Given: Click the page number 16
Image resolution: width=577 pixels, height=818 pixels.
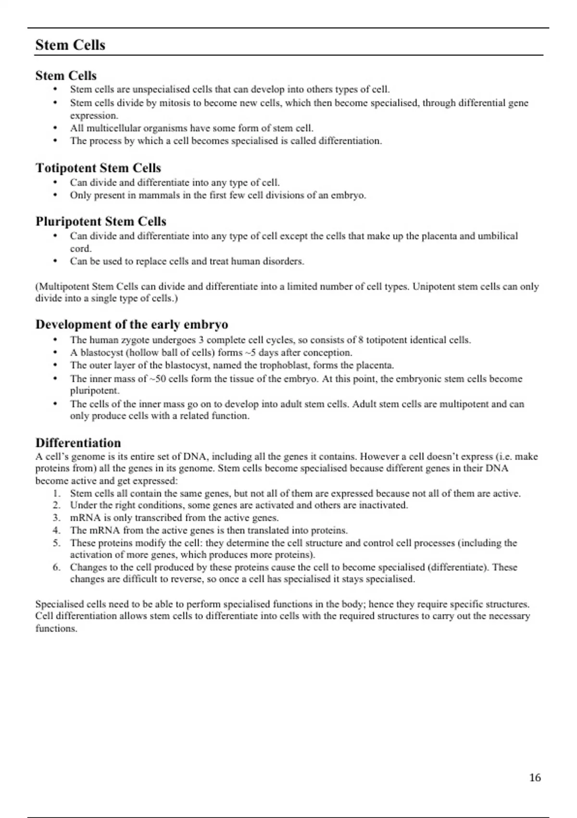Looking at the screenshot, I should click(x=535, y=778).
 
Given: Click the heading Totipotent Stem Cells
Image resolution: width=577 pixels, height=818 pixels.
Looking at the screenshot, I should click(x=98, y=168).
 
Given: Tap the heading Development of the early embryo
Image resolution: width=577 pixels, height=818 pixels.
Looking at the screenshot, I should click(x=131, y=324).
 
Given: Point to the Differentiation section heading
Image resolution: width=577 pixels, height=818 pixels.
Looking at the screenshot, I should click(x=78, y=443).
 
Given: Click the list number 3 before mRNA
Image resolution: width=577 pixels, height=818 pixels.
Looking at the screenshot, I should click(x=56, y=518).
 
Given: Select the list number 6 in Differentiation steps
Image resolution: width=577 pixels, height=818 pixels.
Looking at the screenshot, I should click(x=56, y=567).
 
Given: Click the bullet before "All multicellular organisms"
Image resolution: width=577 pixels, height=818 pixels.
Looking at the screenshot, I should click(x=56, y=128).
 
